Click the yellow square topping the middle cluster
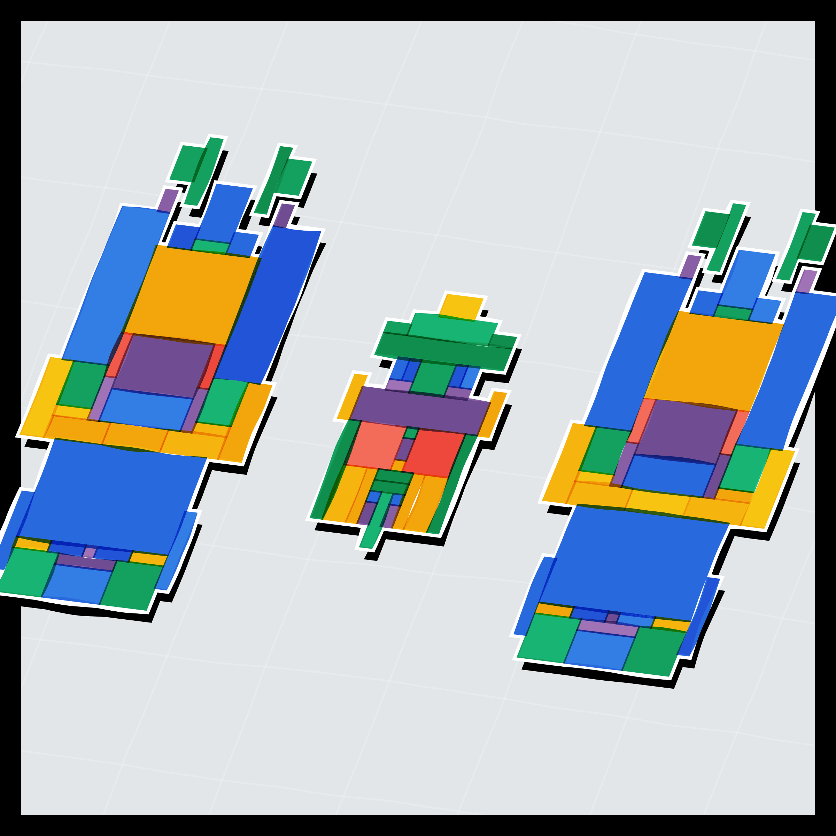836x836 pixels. click(461, 307)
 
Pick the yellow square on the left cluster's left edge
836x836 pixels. click(45, 396)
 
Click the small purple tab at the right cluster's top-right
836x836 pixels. click(807, 281)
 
